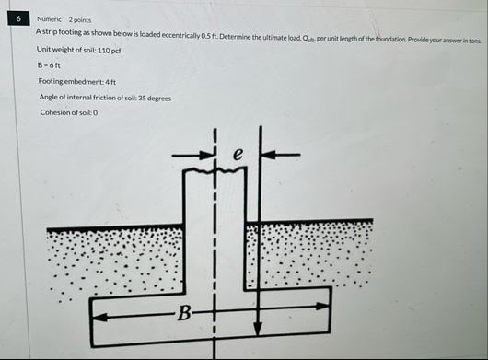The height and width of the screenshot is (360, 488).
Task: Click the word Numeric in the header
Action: [50, 19]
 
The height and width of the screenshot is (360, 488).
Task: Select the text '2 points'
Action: [80, 19]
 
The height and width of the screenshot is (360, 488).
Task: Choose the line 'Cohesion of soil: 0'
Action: [68, 112]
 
